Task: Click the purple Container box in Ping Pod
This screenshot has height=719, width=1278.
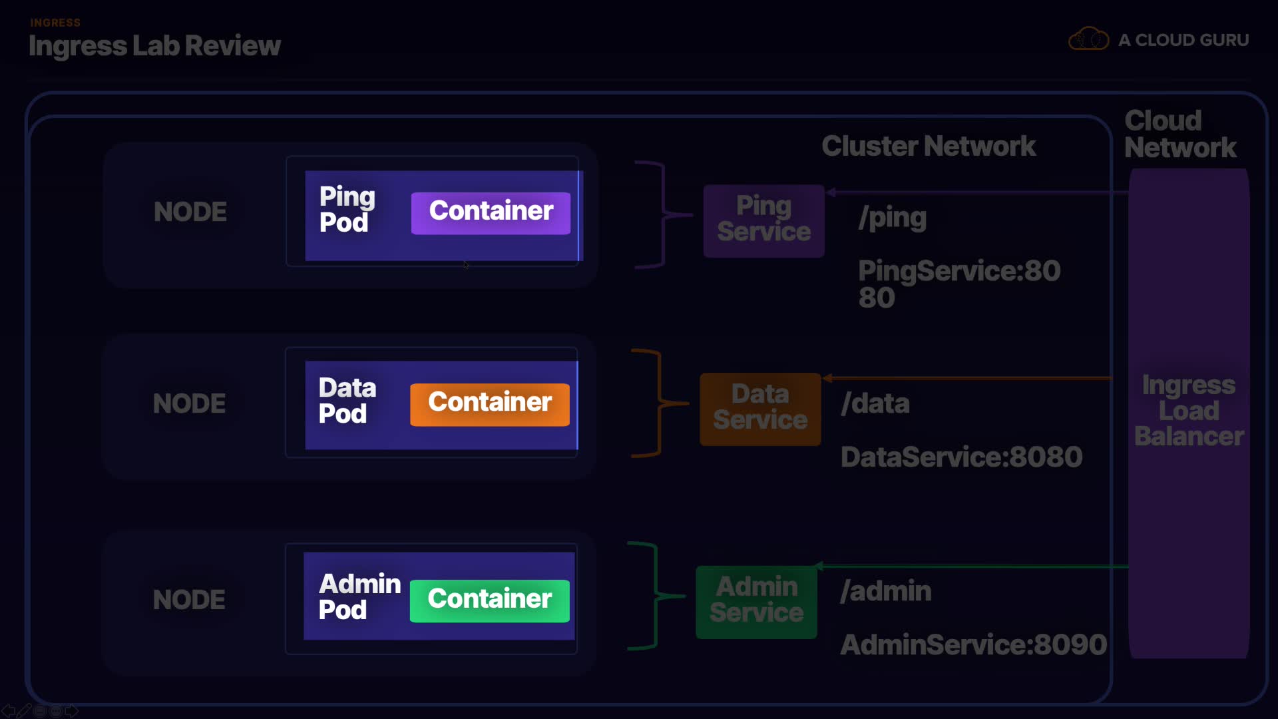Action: (x=491, y=213)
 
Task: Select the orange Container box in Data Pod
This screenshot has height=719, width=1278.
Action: (x=490, y=404)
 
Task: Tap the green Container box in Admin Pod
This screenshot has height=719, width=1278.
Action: (x=490, y=600)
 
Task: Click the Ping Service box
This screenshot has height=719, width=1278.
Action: (x=763, y=220)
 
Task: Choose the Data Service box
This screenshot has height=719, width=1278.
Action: (x=760, y=408)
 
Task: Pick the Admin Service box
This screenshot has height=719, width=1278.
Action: (x=756, y=601)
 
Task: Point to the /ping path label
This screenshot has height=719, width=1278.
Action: (x=892, y=218)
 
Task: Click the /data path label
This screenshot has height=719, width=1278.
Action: (x=875, y=403)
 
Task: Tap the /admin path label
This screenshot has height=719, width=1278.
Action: (x=885, y=591)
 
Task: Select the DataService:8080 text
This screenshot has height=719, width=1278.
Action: (x=961, y=457)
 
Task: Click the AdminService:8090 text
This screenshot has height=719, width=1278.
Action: (x=973, y=644)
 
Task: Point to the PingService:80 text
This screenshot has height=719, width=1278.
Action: (x=958, y=271)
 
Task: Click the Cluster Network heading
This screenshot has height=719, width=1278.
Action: (x=928, y=146)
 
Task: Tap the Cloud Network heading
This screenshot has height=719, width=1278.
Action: (x=1179, y=134)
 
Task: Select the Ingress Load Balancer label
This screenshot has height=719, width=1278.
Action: (x=1189, y=411)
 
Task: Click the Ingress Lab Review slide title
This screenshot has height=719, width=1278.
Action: (x=154, y=46)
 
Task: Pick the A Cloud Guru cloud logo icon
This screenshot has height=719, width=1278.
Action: (x=1088, y=39)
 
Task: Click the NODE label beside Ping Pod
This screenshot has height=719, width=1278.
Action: (x=190, y=212)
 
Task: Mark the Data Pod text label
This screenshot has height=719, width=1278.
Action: (x=347, y=401)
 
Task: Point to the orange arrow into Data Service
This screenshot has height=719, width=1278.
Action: (x=965, y=378)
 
